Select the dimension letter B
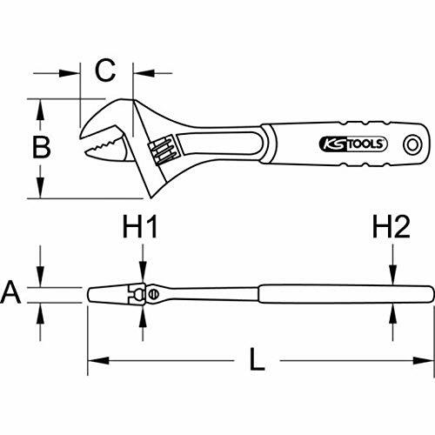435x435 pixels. [41, 149]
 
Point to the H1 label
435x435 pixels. [142, 229]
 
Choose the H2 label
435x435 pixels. [391, 229]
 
